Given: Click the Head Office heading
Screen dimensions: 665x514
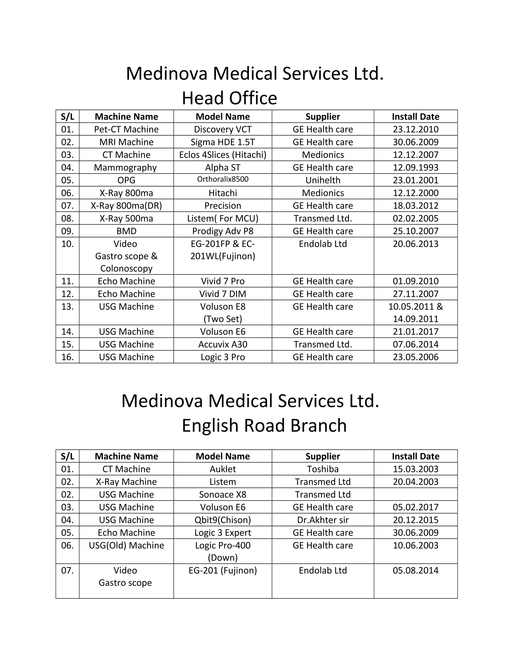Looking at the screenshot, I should coord(229,98).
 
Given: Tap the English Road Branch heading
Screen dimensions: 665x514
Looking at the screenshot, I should coord(264,425).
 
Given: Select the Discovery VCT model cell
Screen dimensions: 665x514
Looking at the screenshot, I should coord(223,129).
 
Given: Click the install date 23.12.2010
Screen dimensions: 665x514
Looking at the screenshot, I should coord(415,129).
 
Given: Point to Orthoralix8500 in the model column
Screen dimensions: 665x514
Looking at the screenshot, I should coord(223,179).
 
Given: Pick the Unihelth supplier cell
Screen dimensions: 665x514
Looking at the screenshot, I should coord(323,180).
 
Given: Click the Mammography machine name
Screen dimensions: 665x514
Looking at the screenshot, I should coord(125,167).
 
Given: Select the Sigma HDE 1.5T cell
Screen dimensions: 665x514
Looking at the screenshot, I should coord(223,142).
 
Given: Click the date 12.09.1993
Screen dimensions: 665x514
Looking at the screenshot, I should coord(415,167).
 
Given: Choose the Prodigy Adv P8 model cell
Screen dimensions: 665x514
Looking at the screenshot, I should coord(223,231).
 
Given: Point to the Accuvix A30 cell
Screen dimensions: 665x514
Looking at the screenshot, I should coord(223,344).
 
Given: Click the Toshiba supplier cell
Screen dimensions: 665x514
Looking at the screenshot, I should coord(323,469).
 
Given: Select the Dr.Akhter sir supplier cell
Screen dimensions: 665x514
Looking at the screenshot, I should coord(323,520).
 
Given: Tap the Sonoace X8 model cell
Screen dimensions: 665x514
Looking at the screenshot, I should coord(223,495).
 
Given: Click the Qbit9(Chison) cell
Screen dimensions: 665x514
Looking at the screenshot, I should coord(223,520).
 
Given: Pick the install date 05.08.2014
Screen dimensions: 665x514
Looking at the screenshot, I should coord(415,570).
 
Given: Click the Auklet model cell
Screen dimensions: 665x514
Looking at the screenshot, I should coord(223,469).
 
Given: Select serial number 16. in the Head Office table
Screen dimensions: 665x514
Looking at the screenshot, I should coord(67,357).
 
